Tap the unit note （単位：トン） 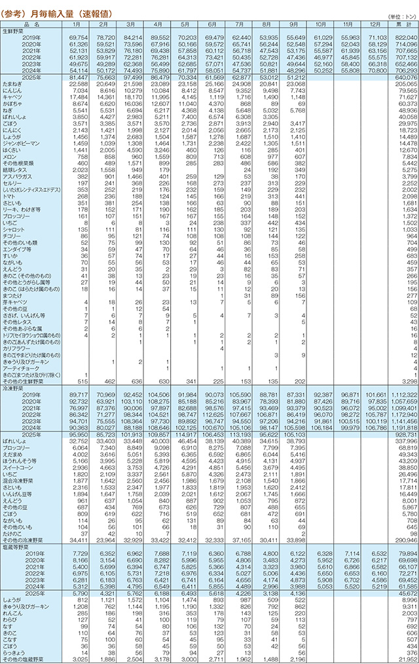click(x=401, y=16)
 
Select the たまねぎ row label click(x=14, y=84)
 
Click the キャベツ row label click(x=13, y=96)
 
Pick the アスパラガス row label click(x=16, y=177)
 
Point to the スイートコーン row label click(x=18, y=487)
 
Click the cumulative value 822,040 click(x=403, y=39)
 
